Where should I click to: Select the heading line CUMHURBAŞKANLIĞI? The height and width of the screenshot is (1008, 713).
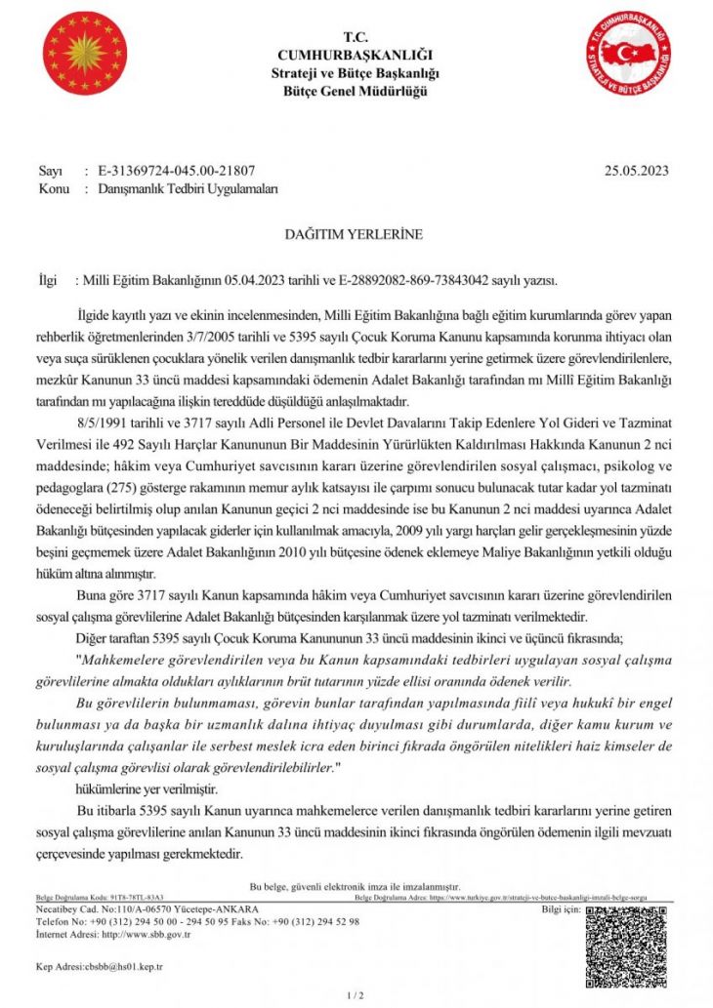tap(356, 56)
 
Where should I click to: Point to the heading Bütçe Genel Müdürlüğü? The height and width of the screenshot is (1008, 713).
tap(356, 91)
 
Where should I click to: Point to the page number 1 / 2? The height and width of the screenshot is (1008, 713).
tap(356, 995)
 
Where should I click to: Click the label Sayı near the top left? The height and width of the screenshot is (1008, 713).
tap(49, 170)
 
